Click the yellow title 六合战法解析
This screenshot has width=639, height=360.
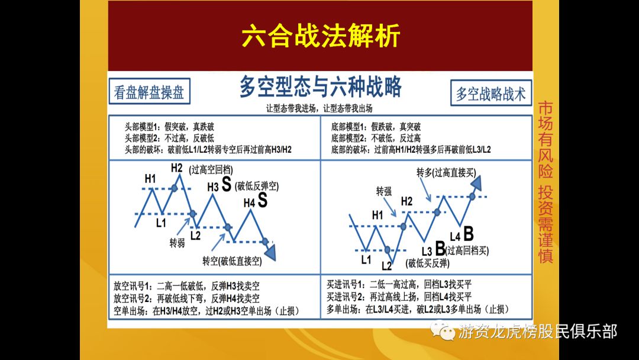pos(320,36)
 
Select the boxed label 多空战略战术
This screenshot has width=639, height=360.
pos(490,94)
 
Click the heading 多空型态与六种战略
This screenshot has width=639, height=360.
pos(320,87)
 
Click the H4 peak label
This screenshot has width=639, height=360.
pos(249,203)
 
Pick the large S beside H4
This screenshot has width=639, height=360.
pos(263,201)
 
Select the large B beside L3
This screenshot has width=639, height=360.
pos(440,247)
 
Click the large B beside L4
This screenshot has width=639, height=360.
pos(468,233)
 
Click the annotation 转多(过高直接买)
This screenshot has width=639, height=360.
pos(446,172)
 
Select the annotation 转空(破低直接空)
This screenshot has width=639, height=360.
pos(232,261)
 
